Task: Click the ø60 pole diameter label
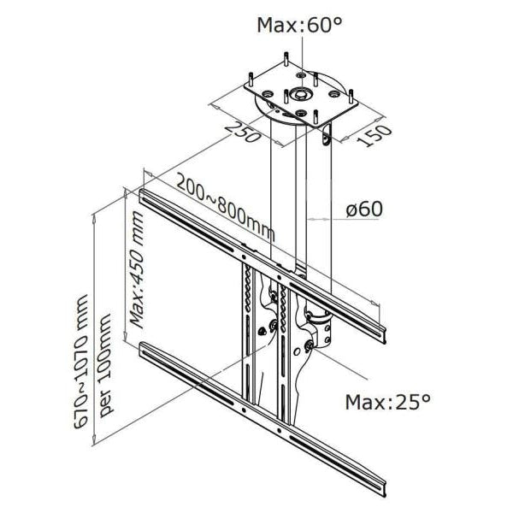pos(364,209)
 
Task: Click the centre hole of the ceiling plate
pos(301,94)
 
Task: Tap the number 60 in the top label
pos(318,25)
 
